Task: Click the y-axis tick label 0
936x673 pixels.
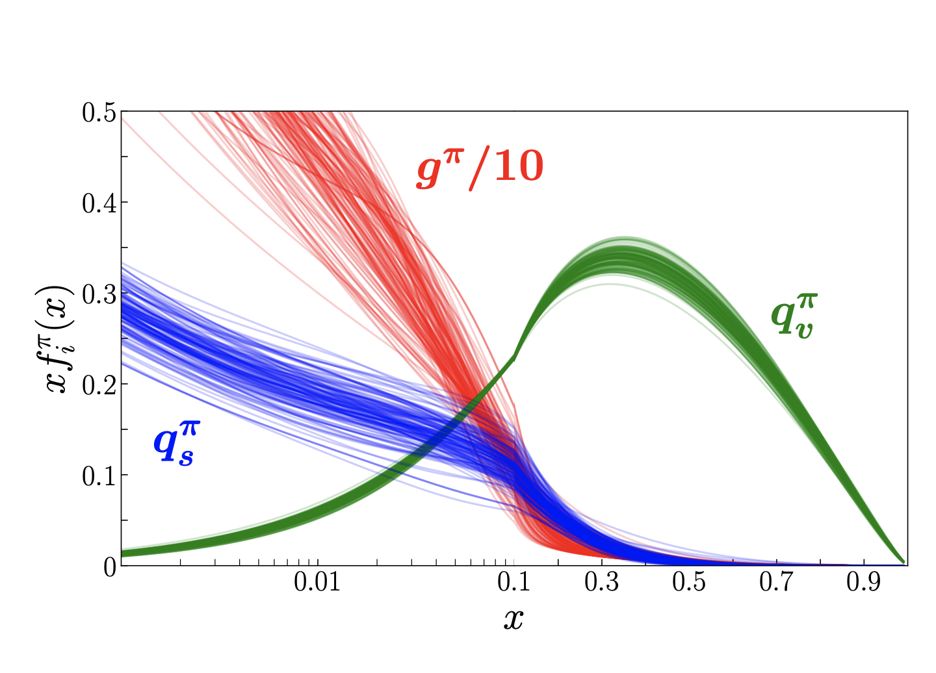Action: pyautogui.click(x=109, y=566)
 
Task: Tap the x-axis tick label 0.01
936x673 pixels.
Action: pyautogui.click(x=317, y=583)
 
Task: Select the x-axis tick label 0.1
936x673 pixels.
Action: pyautogui.click(x=514, y=583)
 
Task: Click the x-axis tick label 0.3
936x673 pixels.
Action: pyautogui.click(x=602, y=583)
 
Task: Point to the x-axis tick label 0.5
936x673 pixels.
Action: pyautogui.click(x=689, y=583)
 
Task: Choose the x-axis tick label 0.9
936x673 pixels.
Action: pyautogui.click(x=864, y=583)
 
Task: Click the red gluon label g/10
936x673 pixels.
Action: pyautogui.click(x=480, y=169)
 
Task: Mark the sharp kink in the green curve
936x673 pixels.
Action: pyautogui.click(x=515, y=357)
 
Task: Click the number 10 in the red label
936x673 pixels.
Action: pyautogui.click(x=518, y=168)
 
